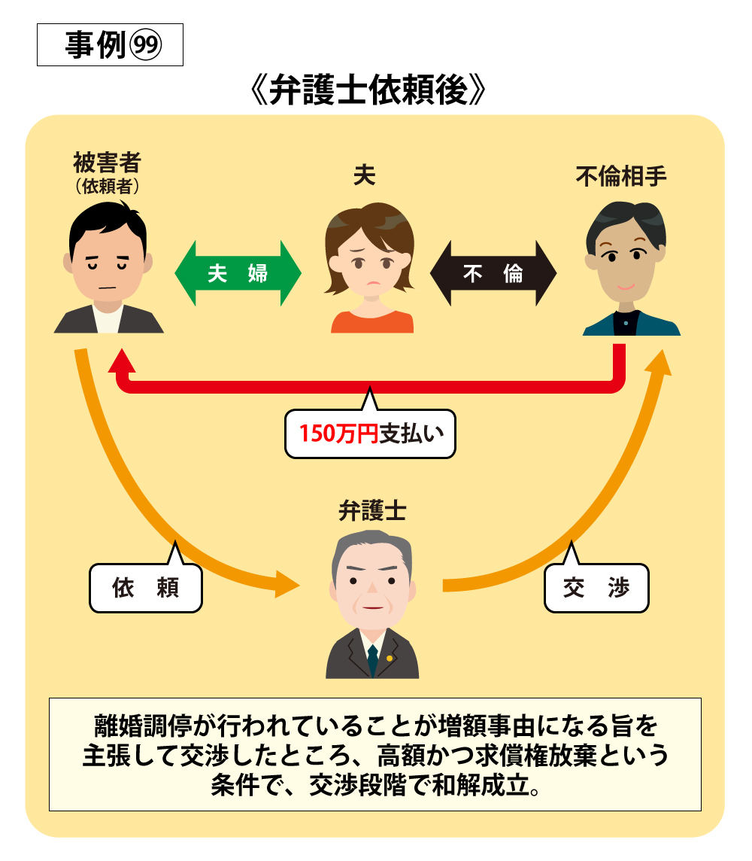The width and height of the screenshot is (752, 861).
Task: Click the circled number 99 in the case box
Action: click(x=145, y=45)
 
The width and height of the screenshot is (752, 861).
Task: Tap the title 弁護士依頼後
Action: click(x=368, y=90)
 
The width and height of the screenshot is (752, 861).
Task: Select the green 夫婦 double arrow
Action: click(x=238, y=273)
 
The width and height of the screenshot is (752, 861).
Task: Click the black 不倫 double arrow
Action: click(x=493, y=273)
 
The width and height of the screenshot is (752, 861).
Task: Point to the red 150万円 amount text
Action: click(x=338, y=434)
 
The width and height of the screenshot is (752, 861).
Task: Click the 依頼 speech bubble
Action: click(x=146, y=587)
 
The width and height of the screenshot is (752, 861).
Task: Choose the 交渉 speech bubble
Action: click(x=596, y=587)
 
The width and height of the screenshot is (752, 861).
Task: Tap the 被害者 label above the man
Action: click(x=108, y=163)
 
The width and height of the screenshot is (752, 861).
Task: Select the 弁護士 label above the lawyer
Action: click(x=372, y=511)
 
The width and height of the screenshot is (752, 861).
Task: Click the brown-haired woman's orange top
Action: click(x=372, y=322)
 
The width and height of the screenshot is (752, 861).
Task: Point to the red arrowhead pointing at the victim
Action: click(x=122, y=361)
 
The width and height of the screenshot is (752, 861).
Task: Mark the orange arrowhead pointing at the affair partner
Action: click(x=658, y=363)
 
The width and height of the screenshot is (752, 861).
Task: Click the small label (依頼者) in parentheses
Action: click(x=108, y=186)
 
